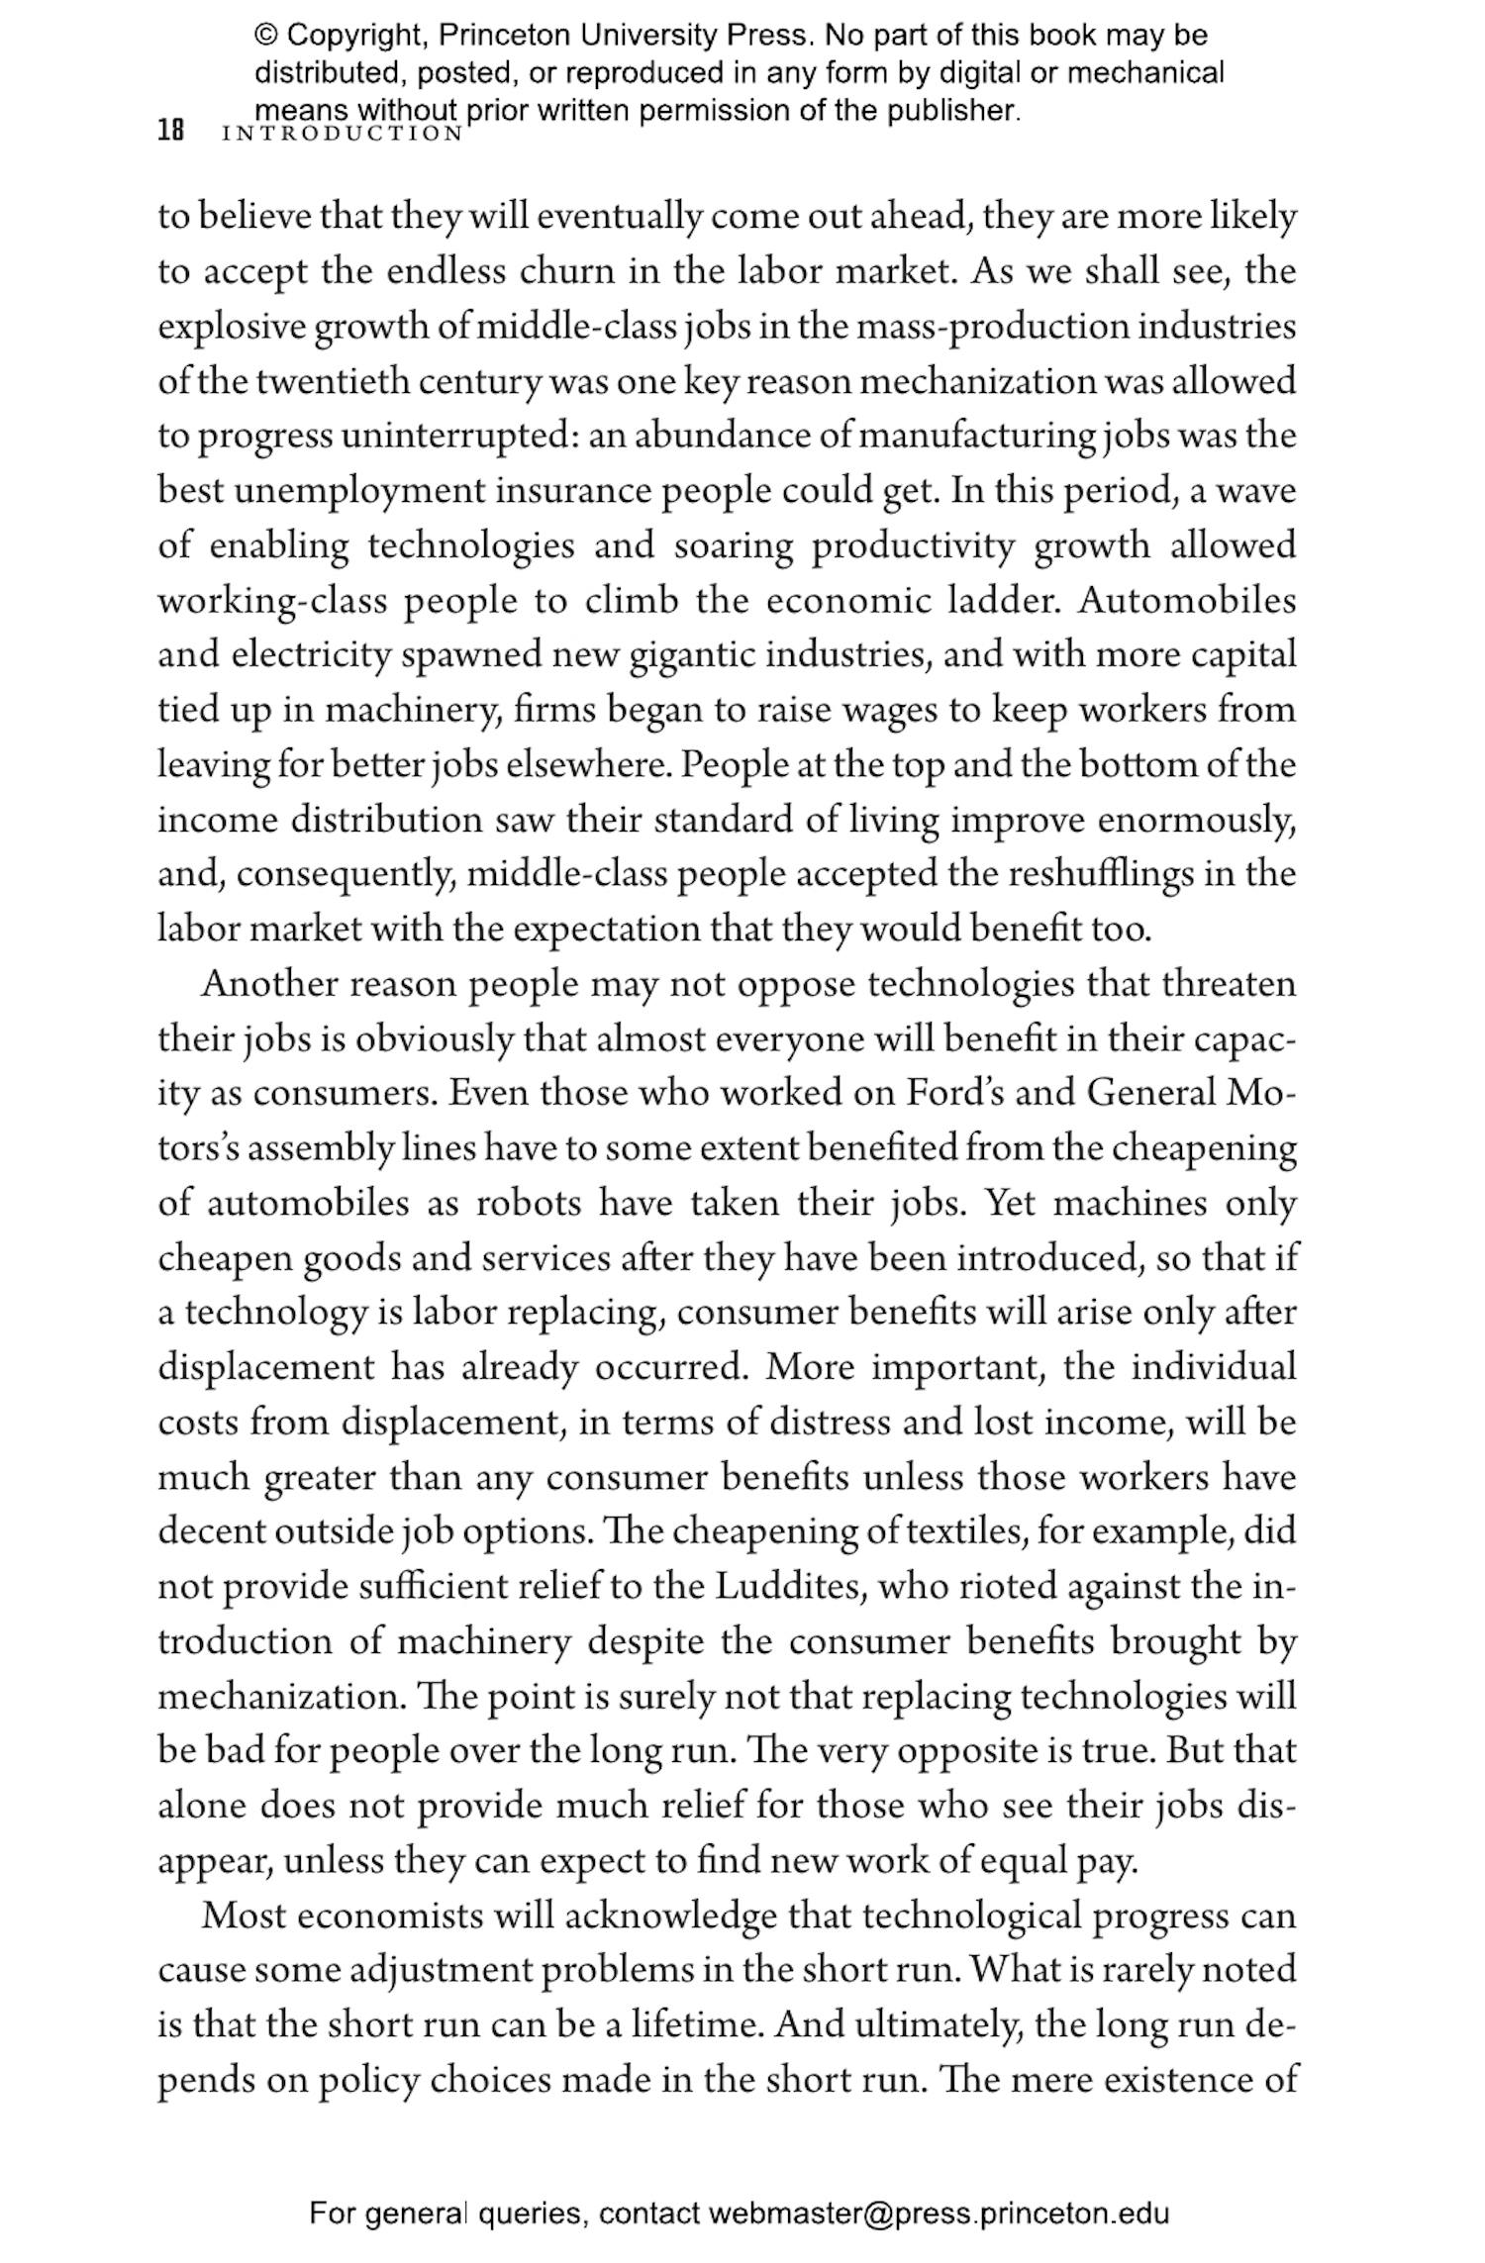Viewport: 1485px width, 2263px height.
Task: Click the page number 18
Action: (171, 132)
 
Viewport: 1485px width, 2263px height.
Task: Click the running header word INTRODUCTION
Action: (343, 134)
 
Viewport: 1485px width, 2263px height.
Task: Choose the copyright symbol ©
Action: (266, 37)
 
